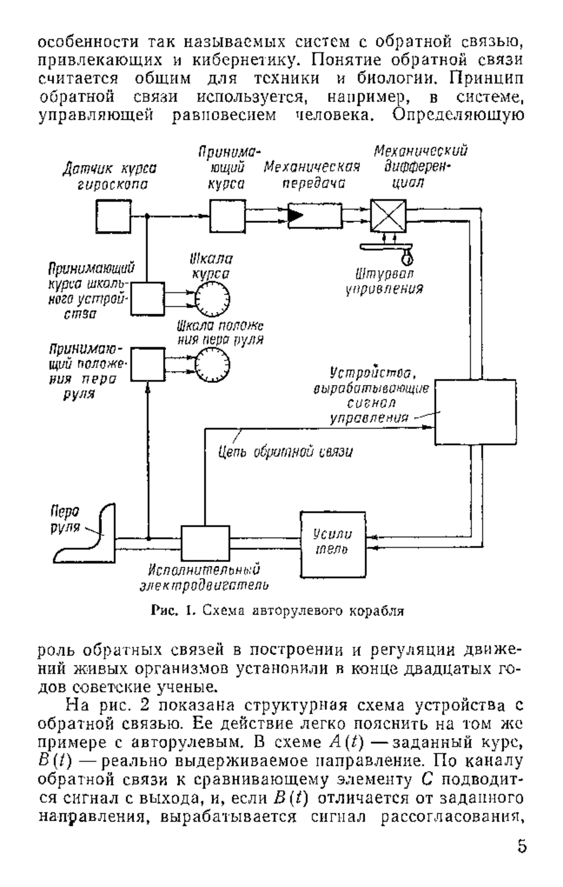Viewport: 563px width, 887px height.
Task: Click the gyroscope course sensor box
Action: tap(114, 216)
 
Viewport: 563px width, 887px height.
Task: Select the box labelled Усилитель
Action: tap(333, 544)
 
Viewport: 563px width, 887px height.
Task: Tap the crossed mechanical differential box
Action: tap(388, 216)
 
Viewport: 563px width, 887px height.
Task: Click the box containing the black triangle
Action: tap(315, 216)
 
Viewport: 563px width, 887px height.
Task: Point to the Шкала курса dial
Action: tap(213, 299)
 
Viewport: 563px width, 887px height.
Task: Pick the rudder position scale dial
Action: tap(213, 365)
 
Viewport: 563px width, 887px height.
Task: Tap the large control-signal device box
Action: tap(475, 412)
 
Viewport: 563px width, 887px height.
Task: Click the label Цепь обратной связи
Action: tap(286, 452)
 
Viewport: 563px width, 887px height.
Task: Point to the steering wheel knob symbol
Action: tap(407, 256)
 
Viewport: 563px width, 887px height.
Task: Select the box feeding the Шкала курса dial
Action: tap(147, 299)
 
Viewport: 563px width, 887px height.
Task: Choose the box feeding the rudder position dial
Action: tap(147, 364)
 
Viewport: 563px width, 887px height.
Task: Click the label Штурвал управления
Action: tap(384, 281)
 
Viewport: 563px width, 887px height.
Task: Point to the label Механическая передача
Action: tap(312, 175)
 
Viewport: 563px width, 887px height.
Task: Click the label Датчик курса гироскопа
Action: tap(110, 176)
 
